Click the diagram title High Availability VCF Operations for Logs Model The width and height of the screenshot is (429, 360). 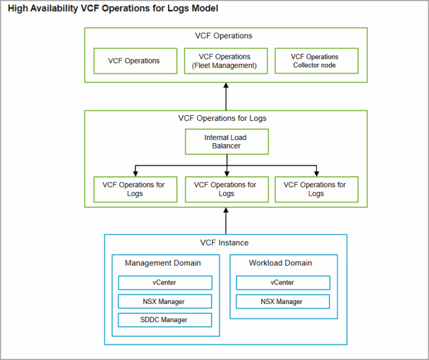click(x=113, y=8)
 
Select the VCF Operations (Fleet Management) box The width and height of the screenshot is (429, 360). click(x=226, y=61)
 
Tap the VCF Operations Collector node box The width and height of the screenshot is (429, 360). click(x=316, y=61)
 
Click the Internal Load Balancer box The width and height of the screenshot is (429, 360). click(x=227, y=142)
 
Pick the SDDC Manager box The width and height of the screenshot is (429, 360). click(x=165, y=320)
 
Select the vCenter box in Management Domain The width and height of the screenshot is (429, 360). click(x=165, y=283)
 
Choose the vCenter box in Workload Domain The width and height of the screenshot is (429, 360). click(x=283, y=283)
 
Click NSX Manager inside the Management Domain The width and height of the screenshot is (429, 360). click(x=165, y=302)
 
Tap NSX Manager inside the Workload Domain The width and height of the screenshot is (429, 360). click(x=283, y=302)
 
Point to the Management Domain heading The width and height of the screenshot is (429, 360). click(x=163, y=263)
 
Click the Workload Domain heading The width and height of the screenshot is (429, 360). click(x=281, y=263)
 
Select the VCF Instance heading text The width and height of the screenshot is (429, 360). click(x=225, y=243)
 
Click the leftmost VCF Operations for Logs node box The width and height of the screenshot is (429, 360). click(x=135, y=190)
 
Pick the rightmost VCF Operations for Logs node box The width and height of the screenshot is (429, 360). click(x=316, y=190)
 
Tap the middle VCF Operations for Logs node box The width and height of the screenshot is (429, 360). click(x=227, y=190)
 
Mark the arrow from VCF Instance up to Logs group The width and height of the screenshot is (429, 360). click(x=226, y=221)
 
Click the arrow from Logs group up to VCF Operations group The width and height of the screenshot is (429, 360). click(x=226, y=97)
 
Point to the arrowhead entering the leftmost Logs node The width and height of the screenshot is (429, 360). click(x=135, y=173)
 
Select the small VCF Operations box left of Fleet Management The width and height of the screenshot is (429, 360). click(x=135, y=61)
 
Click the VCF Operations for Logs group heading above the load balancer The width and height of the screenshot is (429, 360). click(x=222, y=118)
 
